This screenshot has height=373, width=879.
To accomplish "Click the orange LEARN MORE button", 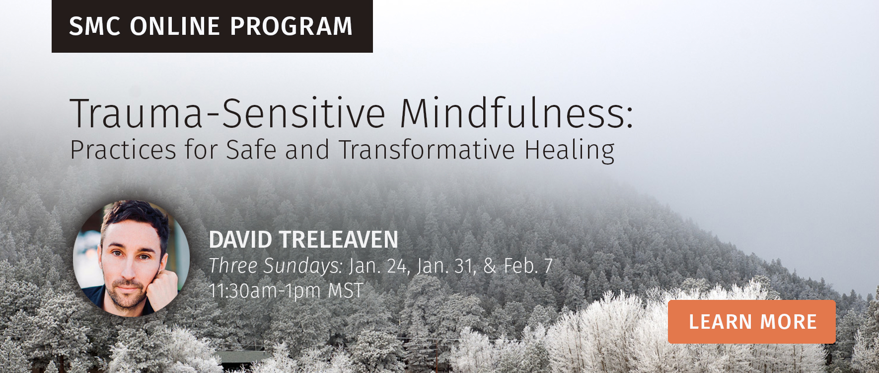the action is pyautogui.click(x=751, y=322).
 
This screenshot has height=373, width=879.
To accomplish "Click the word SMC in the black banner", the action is pyautogui.click(x=95, y=26).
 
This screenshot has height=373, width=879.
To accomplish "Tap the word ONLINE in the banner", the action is pyautogui.click(x=175, y=26).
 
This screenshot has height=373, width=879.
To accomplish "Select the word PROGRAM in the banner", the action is pyautogui.click(x=292, y=26).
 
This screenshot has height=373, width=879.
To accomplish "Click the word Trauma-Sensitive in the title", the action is pyautogui.click(x=228, y=113).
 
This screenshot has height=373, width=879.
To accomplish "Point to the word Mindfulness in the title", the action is pyautogui.click(x=516, y=113).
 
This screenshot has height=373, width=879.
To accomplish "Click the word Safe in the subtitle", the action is pyautogui.click(x=251, y=149).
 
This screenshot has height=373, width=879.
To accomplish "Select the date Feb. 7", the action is pyautogui.click(x=528, y=266).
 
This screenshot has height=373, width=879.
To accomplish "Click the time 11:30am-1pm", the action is pyautogui.click(x=265, y=291).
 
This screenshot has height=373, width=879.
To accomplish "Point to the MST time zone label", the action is pyautogui.click(x=346, y=290).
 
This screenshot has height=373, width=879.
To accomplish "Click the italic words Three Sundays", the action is pyautogui.click(x=276, y=267).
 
